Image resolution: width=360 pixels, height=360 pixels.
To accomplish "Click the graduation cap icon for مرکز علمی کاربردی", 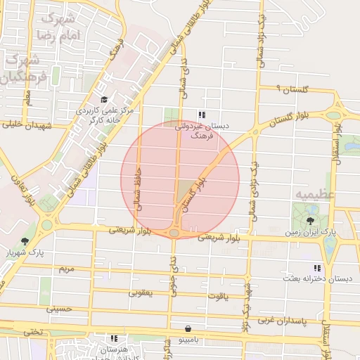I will [104, 99].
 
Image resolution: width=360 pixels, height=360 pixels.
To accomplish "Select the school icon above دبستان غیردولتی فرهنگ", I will [202, 115].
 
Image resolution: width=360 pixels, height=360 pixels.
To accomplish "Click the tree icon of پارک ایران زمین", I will [310, 221].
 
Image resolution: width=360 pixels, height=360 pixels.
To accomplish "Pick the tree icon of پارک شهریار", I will [25, 241].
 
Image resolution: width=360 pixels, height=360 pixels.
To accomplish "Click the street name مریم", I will [66, 269].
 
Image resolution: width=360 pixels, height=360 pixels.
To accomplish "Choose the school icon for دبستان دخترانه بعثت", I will [317, 268].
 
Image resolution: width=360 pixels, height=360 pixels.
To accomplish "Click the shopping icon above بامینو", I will [188, 328].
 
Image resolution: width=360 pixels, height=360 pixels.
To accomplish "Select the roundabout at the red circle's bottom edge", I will [174, 233].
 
